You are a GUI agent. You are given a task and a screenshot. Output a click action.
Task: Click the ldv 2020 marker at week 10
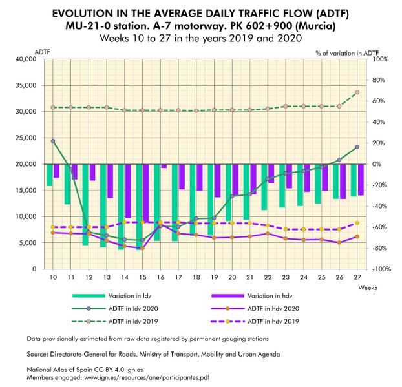pos(53,141)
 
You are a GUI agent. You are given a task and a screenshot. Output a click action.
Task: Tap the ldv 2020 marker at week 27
pos(357,147)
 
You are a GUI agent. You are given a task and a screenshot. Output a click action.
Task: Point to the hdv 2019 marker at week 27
pos(357,223)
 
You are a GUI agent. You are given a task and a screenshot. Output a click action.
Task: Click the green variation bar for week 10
pos(50,175)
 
